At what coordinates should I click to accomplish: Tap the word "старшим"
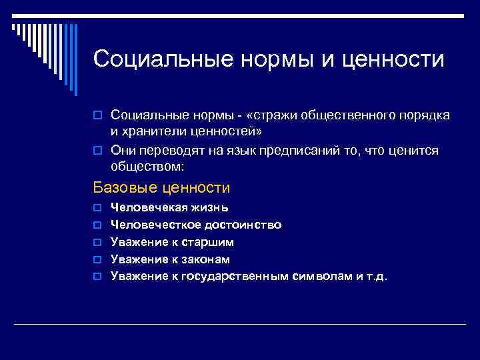(x=209, y=242)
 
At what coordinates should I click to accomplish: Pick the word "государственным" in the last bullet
(x=231, y=275)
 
